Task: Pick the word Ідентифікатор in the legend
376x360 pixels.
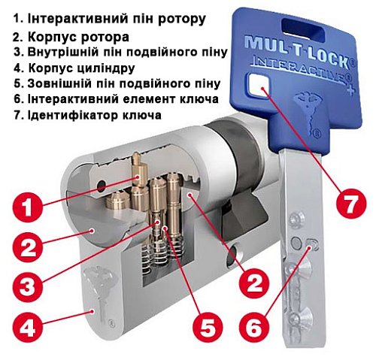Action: coord(66,116)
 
